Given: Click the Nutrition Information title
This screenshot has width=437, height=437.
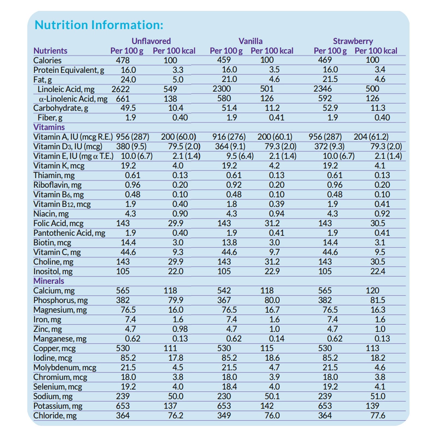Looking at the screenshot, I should pyautogui.click(x=99, y=25).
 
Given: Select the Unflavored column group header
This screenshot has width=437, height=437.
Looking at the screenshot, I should pyautogui.click(x=151, y=41).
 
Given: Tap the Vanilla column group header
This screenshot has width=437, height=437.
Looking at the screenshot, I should pyautogui.click(x=250, y=41).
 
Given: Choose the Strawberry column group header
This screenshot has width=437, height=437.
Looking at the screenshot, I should pyautogui.click(x=353, y=41).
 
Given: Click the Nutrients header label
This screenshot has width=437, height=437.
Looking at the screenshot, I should pyautogui.click(x=50, y=51).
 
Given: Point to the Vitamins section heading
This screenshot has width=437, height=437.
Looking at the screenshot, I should pyautogui.click(x=49, y=127).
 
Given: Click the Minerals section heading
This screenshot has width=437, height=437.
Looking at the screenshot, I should pyautogui.click(x=49, y=281).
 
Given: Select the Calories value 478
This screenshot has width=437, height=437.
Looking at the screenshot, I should pyautogui.click(x=123, y=60).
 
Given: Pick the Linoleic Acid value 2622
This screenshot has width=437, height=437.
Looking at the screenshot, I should pyautogui.click(x=120, y=89).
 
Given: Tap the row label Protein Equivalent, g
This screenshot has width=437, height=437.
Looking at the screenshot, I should pyautogui.click(x=69, y=70).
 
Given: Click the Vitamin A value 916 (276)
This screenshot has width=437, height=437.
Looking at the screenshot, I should pyautogui.click(x=229, y=137).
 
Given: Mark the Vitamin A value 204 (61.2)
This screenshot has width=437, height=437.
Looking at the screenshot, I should pyautogui.click(x=371, y=137).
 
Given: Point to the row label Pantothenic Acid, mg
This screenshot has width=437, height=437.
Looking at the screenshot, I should pyautogui.click(x=69, y=233).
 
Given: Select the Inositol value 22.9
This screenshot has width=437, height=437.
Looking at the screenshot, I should pyautogui.click(x=272, y=271).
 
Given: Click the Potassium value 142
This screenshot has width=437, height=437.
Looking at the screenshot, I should pyautogui.click(x=267, y=406).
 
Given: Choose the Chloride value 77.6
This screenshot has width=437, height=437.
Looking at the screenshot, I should pyautogui.click(x=378, y=415).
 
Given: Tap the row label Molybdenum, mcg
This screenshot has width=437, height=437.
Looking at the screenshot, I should pyautogui.click(x=65, y=368).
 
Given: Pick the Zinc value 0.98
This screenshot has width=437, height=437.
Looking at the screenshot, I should pyautogui.click(x=180, y=329).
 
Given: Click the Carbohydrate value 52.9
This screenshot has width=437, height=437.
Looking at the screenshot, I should pyautogui.click(x=330, y=108).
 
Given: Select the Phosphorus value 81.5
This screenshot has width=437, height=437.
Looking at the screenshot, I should pyautogui.click(x=378, y=300).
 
